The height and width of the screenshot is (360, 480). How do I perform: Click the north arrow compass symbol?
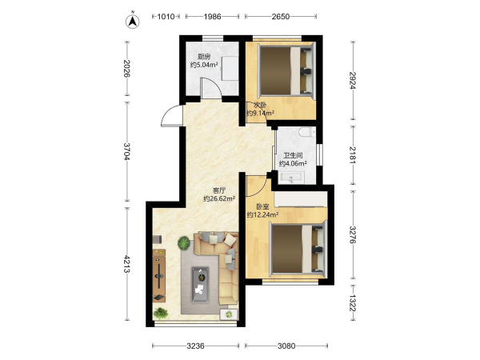coord(133,21)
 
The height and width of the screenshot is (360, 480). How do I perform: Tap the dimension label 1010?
coord(166,17)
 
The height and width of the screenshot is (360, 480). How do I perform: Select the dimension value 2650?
coord(281,17)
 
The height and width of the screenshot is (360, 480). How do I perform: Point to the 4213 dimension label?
coord(126,263)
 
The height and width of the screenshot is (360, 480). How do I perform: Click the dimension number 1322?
coord(354,302)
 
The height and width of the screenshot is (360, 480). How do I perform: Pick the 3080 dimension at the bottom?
coord(286,346)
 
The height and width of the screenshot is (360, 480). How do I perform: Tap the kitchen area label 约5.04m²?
coord(204,65)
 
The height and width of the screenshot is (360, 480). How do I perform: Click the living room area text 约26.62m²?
coord(219,198)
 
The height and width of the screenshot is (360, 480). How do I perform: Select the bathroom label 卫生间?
coord(293,155)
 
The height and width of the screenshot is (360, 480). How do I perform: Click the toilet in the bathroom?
coord(307,132)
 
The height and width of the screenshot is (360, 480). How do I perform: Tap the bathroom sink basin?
coord(291,178)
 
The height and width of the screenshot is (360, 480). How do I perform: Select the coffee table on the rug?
coord(201,285)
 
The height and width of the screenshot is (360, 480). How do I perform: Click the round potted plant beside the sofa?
coord(184,243)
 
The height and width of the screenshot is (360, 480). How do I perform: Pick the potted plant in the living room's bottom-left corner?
coord(161,313)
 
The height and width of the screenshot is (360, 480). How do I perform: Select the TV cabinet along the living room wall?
coord(159,275)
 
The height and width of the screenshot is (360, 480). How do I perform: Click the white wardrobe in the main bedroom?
coord(301,199)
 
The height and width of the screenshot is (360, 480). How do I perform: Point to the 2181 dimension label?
coord(354,155)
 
